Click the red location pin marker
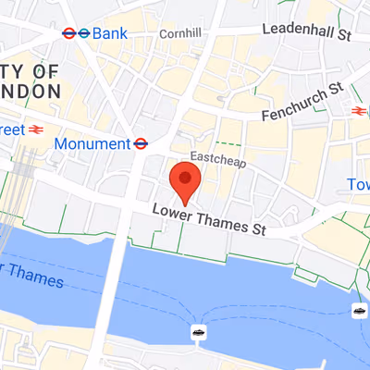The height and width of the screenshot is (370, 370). [x=185, y=179]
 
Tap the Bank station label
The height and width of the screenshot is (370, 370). [x=111, y=33]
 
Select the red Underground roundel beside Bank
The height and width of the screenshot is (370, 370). [x=69, y=33]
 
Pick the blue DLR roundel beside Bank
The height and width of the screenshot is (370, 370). [x=84, y=33]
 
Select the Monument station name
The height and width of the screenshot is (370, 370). [x=92, y=143]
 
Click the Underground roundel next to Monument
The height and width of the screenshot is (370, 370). [x=142, y=143]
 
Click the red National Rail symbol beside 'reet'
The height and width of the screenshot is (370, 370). [x=38, y=129]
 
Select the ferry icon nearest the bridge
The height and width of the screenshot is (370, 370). [x=198, y=330]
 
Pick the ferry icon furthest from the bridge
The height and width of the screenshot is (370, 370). [x=358, y=311]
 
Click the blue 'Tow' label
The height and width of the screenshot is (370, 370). [x=359, y=185]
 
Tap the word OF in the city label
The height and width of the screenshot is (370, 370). [x=43, y=71]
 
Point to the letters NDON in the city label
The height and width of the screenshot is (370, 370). [x=30, y=92]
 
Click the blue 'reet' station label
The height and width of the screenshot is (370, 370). [x=10, y=129]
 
